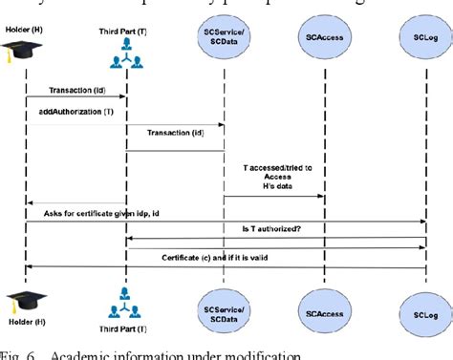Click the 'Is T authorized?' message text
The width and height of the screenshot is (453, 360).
pos(272,229)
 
